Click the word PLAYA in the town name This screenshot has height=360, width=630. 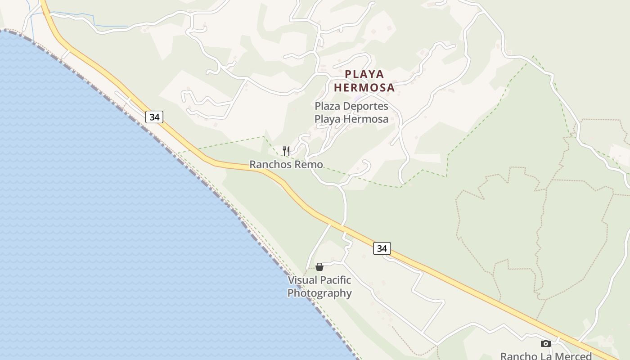click(x=364, y=74)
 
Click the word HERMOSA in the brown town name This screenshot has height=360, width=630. click(x=364, y=87)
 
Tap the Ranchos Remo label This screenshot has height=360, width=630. click(x=286, y=165)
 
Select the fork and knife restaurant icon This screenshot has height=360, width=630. click(x=286, y=151)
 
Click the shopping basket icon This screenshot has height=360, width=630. click(x=319, y=267)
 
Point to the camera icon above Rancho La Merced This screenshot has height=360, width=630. click(x=545, y=344)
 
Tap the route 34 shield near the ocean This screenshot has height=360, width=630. click(x=154, y=117)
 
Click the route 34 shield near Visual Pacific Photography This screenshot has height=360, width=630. click(x=382, y=248)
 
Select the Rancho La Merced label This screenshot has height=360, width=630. click(x=545, y=356)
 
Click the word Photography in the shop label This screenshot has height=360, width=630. click(x=319, y=293)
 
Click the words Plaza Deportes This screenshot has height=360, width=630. click(x=351, y=106)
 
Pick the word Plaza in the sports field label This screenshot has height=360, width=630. click(x=327, y=106)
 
